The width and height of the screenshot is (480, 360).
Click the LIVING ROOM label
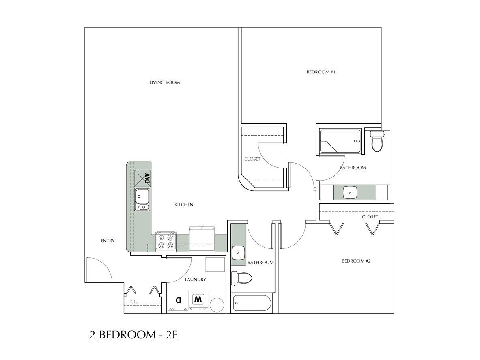[164, 82]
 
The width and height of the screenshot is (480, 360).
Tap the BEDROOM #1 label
[321, 72]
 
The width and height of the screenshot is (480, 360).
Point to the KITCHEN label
[183, 205]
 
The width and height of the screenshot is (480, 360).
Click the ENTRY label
[108, 241]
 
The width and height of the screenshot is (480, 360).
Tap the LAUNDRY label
[195, 279]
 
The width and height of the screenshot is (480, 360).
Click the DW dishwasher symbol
[143, 178]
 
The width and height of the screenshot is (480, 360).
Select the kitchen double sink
[142, 200]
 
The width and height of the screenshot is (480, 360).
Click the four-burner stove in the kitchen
[166, 241]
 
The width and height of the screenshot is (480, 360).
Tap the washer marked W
[198, 301]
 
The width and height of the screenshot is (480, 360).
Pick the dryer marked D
[178, 301]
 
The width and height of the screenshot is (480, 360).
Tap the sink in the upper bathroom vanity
[350, 192]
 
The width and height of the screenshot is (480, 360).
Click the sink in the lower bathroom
[238, 253]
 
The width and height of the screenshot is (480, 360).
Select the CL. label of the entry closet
[133, 302]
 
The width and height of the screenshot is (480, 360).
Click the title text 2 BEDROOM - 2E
[134, 335]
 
